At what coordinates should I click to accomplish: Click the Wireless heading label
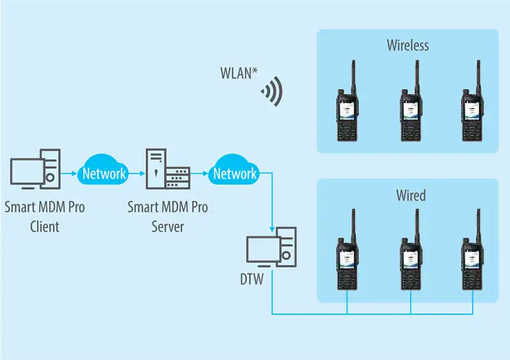(407, 46)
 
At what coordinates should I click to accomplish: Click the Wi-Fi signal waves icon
(272, 93)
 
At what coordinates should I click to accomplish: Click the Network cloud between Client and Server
(103, 173)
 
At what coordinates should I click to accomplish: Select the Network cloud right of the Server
(234, 173)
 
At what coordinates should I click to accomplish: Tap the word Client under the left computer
(44, 226)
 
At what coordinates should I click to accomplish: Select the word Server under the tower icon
(168, 226)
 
